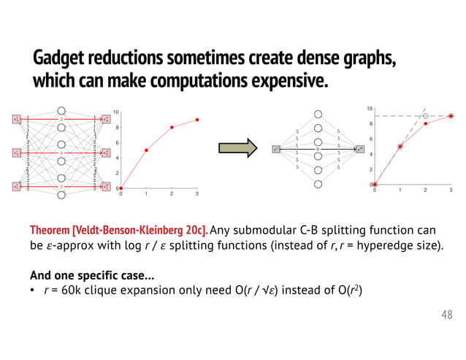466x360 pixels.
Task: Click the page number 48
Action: pyautogui.click(x=446, y=315)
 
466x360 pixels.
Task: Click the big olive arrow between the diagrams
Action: pyautogui.click(x=241, y=148)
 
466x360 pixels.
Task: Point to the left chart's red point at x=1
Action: pyautogui.click(x=147, y=150)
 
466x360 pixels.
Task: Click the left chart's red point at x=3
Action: pyautogui.click(x=197, y=120)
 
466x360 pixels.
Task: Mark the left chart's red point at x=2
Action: pyautogui.click(x=172, y=128)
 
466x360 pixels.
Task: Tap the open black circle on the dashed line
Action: pyautogui.click(x=426, y=116)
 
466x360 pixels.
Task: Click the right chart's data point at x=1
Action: pyautogui.click(x=400, y=146)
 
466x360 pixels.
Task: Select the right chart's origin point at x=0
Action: pyautogui.click(x=375, y=185)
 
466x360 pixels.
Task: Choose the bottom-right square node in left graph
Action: pyautogui.click(x=106, y=187)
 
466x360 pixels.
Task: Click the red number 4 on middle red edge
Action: pyautogui.click(x=62, y=153)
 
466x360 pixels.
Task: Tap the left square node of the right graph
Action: pyautogui.click(x=276, y=149)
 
